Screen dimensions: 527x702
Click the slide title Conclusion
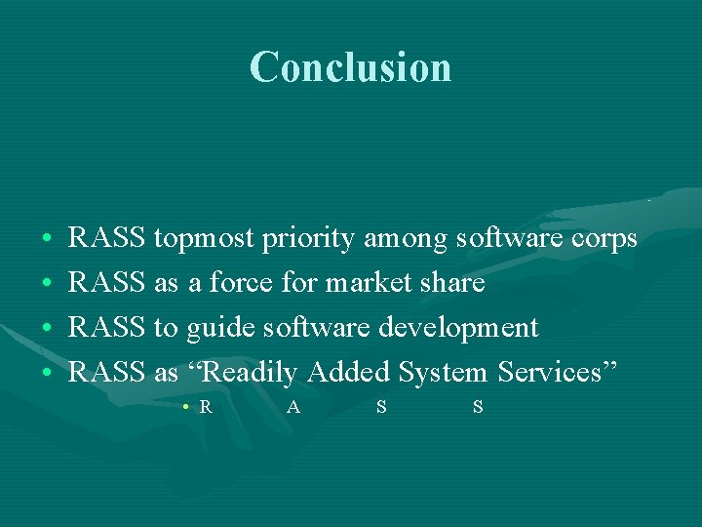pyautogui.click(x=350, y=67)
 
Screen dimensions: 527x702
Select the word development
pyautogui.click(x=458, y=328)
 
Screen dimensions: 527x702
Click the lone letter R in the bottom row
pyautogui.click(x=206, y=407)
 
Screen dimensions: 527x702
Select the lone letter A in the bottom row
pyautogui.click(x=293, y=407)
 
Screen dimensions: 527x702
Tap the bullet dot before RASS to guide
pyautogui.click(x=47, y=329)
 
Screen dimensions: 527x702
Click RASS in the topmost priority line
pyautogui.click(x=107, y=238)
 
